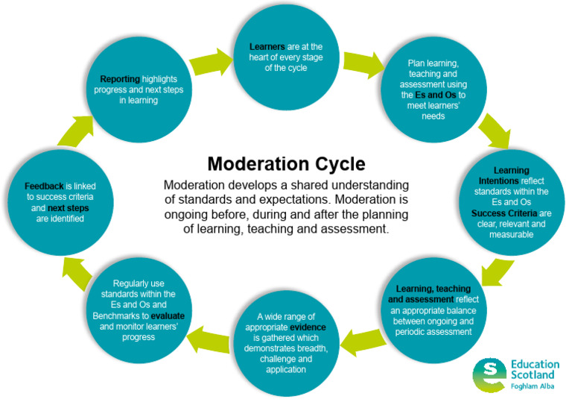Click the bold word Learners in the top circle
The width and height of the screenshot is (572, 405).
267,46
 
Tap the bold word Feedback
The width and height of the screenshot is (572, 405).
44,186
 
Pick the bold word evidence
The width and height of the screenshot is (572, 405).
308,327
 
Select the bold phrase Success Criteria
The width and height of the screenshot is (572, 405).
504,213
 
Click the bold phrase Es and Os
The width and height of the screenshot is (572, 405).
440,95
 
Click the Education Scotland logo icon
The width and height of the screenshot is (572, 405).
489,372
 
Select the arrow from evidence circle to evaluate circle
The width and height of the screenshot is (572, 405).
210,342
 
